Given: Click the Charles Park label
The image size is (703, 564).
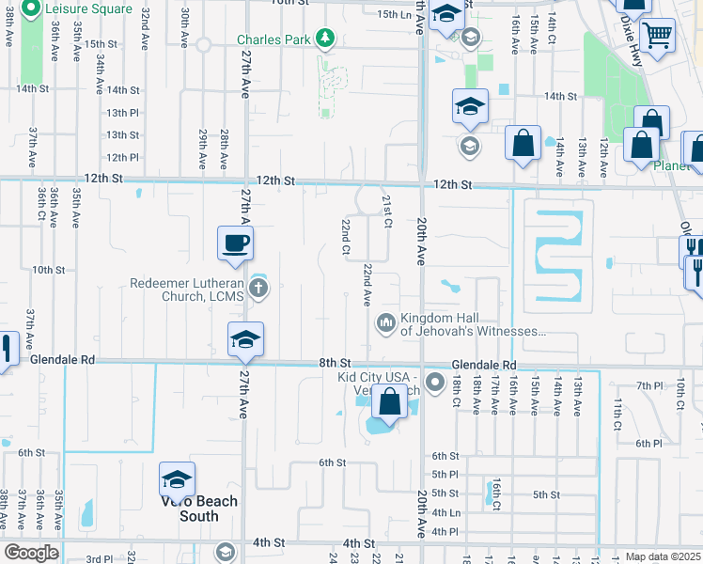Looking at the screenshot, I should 273,39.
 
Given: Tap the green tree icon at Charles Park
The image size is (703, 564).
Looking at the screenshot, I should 326,39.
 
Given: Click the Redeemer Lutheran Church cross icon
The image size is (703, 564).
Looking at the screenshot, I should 258,289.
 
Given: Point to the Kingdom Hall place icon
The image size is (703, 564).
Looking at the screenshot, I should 385,324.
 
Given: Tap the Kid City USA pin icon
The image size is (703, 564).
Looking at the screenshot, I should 434,383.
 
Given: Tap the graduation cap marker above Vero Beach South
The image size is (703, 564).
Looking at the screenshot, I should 176,480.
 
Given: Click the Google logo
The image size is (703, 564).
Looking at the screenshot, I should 31,553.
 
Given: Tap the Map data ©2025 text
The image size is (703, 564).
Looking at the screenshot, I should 663,556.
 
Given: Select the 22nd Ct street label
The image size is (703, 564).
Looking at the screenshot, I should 346,237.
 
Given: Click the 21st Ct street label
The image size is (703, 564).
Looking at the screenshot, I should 386,211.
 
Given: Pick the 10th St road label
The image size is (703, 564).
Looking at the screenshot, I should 47,269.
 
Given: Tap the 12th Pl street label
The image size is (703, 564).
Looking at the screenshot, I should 123,157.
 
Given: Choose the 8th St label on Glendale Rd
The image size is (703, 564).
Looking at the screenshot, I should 335,363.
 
